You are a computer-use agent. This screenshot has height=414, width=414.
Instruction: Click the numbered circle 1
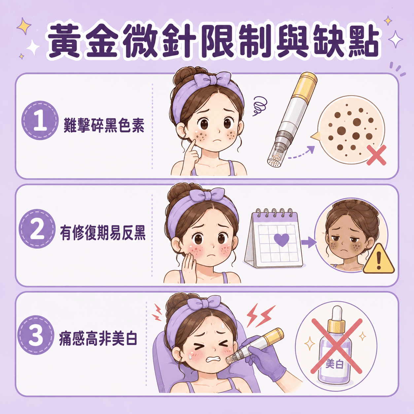click(40, 120)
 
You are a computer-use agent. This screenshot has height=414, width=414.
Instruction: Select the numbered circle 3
click(36, 335)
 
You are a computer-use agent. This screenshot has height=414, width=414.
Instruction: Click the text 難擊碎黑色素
click(104, 125)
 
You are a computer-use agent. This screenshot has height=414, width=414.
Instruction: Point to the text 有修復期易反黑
click(103, 233)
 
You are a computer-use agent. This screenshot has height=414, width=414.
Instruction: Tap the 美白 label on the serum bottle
click(334, 364)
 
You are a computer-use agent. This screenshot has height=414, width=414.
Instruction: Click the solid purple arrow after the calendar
click(309, 243)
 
